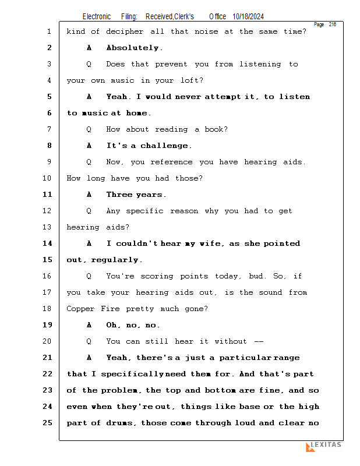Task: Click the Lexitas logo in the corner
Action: point(324,447)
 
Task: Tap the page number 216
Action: point(333,24)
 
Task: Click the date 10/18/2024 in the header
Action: point(248,17)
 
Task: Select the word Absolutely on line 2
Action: point(133,48)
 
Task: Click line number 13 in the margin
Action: point(47,227)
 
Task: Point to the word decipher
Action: point(125,32)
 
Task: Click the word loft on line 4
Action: point(190,80)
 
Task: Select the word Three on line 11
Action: point(119,195)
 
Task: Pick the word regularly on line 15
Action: point(115,260)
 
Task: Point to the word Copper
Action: point(80,309)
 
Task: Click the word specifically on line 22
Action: point(132,374)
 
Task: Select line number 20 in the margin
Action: point(47,341)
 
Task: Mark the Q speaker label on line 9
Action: point(89,162)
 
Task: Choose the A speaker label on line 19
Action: point(89,325)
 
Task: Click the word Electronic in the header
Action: point(97,17)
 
